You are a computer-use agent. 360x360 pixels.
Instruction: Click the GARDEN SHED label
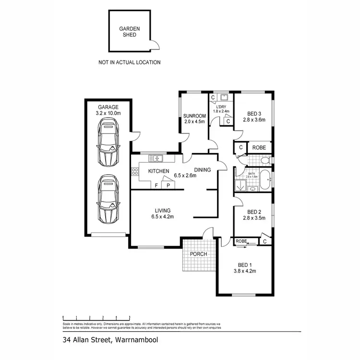coord(129,32)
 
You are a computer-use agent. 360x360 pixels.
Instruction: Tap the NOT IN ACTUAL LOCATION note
coord(129,62)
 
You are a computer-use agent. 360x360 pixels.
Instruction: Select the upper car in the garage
coord(108,143)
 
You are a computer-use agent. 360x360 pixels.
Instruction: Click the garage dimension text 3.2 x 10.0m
coord(108,113)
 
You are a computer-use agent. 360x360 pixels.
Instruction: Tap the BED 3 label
coord(254,114)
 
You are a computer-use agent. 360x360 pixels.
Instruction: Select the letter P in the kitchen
coord(168,185)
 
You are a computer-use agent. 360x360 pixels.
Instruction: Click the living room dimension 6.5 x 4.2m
coord(162,217)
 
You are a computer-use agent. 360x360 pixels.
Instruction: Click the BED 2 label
coord(254,212)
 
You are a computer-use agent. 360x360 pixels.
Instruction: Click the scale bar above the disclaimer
coord(96,318)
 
